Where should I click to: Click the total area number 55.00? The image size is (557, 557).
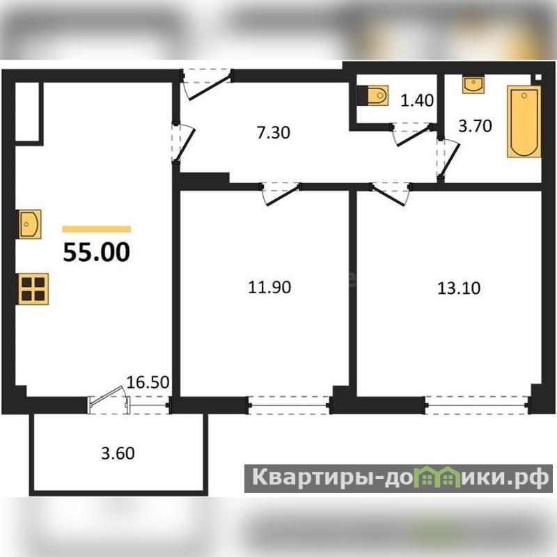(97, 252)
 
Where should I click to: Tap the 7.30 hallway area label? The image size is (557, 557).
(273, 132)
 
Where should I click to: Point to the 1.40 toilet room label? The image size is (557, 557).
(417, 100)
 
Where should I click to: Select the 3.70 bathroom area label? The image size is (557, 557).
(475, 126)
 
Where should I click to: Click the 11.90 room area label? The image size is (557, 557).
(269, 287)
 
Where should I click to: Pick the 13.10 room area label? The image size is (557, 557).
(459, 288)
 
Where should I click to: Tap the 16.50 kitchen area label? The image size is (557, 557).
(148, 382)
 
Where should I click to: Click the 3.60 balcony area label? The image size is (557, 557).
(118, 453)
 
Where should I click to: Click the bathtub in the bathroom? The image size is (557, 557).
(524, 121)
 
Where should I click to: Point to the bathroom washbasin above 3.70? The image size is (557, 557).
(473, 84)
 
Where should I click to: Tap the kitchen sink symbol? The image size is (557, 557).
(29, 223)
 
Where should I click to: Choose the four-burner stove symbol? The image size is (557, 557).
(33, 289)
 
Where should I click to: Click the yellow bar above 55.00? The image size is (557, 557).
(97, 229)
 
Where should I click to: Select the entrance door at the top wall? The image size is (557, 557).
(207, 84)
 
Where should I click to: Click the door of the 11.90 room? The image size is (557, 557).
(281, 194)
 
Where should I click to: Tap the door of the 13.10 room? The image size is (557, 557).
(391, 194)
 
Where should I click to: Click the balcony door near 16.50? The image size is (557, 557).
(109, 400)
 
